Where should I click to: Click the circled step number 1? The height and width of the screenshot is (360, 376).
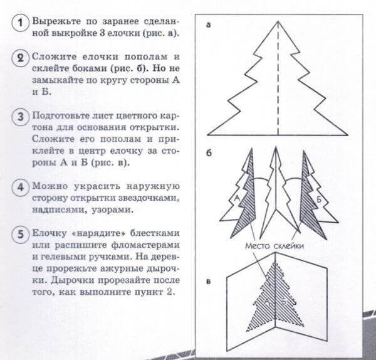click(x=21, y=24)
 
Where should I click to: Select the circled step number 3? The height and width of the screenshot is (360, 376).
click(x=21, y=118)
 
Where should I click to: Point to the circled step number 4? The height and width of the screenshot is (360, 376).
click(x=21, y=187)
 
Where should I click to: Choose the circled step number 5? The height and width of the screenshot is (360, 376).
click(x=21, y=234)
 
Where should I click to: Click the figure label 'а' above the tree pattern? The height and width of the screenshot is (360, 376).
click(x=208, y=26)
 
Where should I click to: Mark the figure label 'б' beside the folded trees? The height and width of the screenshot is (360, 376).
click(x=208, y=154)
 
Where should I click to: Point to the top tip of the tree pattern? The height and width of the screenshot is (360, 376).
click(x=279, y=22)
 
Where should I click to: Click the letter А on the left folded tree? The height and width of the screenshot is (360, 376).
click(x=238, y=198)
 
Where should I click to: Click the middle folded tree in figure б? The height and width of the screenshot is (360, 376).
click(x=276, y=188)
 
